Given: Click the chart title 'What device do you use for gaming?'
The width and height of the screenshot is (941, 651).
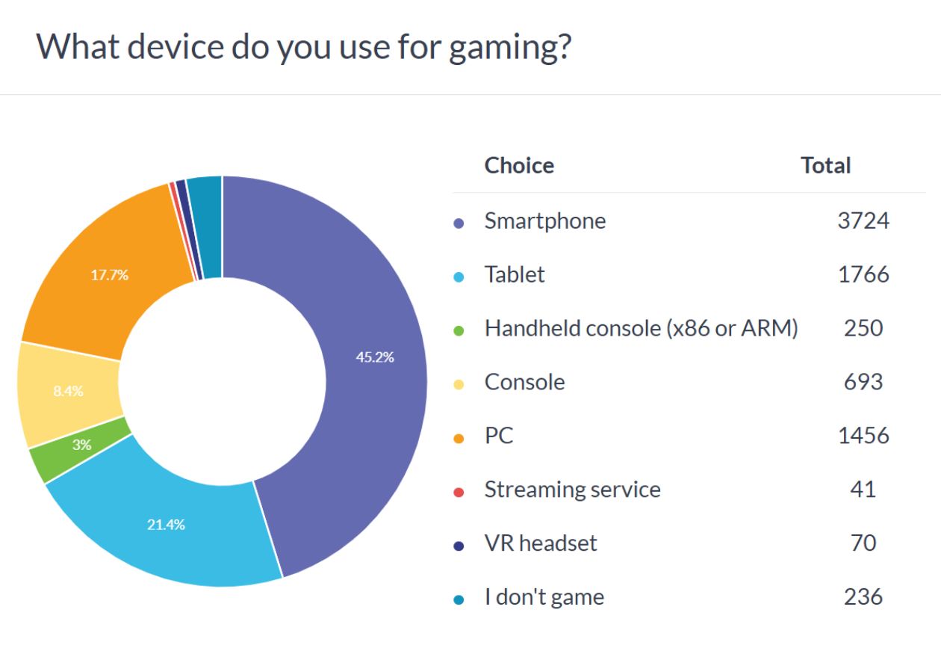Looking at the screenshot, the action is (x=303, y=48).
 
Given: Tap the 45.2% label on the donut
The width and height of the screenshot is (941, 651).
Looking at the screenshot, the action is (x=375, y=357).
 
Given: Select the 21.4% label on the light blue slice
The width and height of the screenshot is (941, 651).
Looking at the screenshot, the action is (x=166, y=525).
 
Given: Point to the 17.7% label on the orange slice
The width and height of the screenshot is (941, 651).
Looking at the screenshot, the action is (x=110, y=275).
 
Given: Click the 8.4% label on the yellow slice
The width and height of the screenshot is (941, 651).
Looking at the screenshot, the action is (x=68, y=391).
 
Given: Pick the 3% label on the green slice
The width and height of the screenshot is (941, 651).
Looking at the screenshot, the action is (x=81, y=445).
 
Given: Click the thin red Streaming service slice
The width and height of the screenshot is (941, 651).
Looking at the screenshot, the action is (x=183, y=231).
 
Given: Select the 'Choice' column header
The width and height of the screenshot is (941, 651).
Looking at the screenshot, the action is (x=519, y=165).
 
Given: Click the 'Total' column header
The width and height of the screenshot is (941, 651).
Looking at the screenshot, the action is (x=825, y=165).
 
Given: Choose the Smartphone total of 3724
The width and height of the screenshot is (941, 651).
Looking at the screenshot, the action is (x=863, y=220).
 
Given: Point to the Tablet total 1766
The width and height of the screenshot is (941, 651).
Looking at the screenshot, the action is (x=863, y=274).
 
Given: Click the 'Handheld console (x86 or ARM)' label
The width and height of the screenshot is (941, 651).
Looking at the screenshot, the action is (x=641, y=328).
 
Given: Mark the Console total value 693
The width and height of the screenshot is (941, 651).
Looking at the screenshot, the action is (x=863, y=382).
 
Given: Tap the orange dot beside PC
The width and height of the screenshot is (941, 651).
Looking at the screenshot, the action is (x=459, y=439).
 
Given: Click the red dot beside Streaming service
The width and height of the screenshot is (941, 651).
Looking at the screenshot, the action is (x=459, y=493).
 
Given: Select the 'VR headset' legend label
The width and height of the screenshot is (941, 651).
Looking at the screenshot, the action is (x=541, y=543).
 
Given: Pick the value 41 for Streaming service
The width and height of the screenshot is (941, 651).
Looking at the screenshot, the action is (x=863, y=489).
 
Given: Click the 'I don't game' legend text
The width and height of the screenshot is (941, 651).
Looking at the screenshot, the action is (x=544, y=597).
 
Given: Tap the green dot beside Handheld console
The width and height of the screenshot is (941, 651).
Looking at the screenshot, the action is (x=459, y=331).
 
